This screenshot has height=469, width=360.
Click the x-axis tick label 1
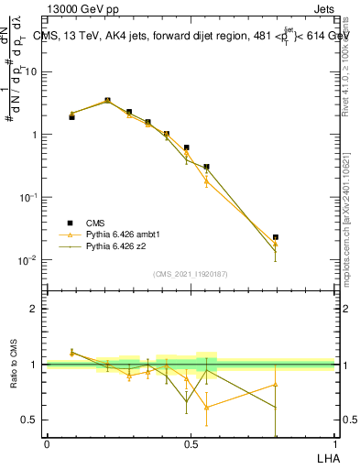[x=334, y=443]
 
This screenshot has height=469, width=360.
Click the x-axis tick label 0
[x=47, y=443]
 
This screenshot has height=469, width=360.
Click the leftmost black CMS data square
[x=71, y=117]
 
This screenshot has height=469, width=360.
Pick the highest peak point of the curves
[x=108, y=100]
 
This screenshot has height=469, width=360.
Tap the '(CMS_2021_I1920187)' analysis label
[x=191, y=274]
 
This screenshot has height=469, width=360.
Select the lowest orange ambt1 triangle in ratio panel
[x=206, y=407]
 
